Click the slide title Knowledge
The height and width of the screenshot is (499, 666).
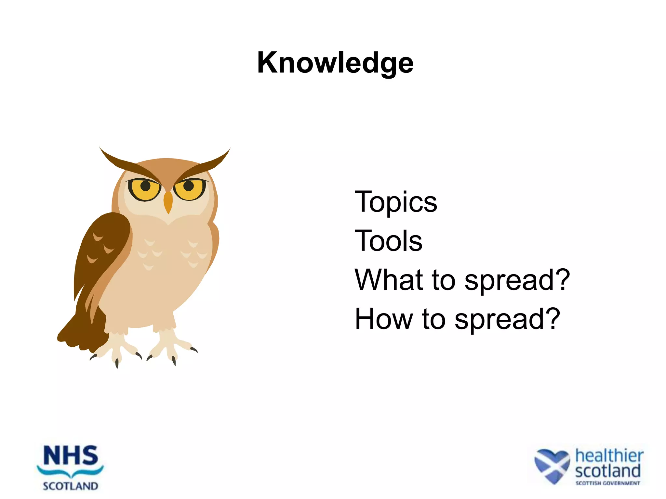(x=335, y=63)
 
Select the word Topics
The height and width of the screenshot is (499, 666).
(x=396, y=202)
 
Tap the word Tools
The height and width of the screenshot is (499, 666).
(x=388, y=241)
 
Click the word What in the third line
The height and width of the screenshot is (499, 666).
(x=389, y=280)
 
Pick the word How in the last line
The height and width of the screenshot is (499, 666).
(x=383, y=319)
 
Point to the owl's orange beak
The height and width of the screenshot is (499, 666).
(x=168, y=201)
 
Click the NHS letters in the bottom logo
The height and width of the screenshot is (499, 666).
(x=70, y=456)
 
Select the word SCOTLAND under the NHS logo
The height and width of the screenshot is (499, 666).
(x=70, y=486)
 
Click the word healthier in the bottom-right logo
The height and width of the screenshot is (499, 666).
(x=609, y=456)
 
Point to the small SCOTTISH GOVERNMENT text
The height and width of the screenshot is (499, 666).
(x=607, y=483)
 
